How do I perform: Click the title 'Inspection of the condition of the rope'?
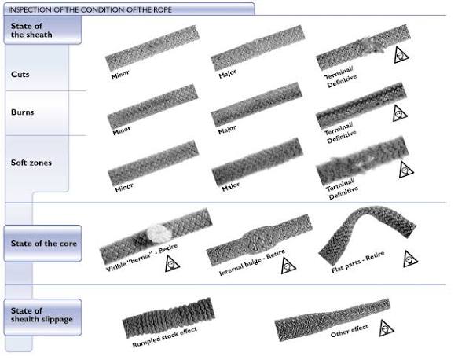pos(90,9)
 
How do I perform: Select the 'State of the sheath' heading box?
pos(42,30)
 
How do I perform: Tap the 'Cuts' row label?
pos(20,74)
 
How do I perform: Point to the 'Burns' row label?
pos(22,112)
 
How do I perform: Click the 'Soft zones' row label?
pos(31,163)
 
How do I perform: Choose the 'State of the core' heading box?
pos(42,244)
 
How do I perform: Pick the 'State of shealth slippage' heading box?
pos(42,317)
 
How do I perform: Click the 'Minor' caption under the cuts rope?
pos(120,75)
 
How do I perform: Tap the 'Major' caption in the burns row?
pos(227,130)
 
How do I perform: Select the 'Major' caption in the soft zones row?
pos(231,186)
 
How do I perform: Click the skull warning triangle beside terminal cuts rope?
pos(401,55)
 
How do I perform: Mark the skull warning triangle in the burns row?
pos(400,113)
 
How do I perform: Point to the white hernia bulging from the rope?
pos(159,233)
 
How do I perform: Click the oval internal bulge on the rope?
pos(259,240)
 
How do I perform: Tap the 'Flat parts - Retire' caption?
pos(358,262)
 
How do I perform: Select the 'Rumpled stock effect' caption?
pos(165,337)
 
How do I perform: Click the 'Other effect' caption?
pos(350,331)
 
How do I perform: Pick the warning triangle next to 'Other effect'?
pos(387,328)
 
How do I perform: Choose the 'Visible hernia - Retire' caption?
pos(141,258)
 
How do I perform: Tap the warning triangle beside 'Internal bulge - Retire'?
pos(288,266)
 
